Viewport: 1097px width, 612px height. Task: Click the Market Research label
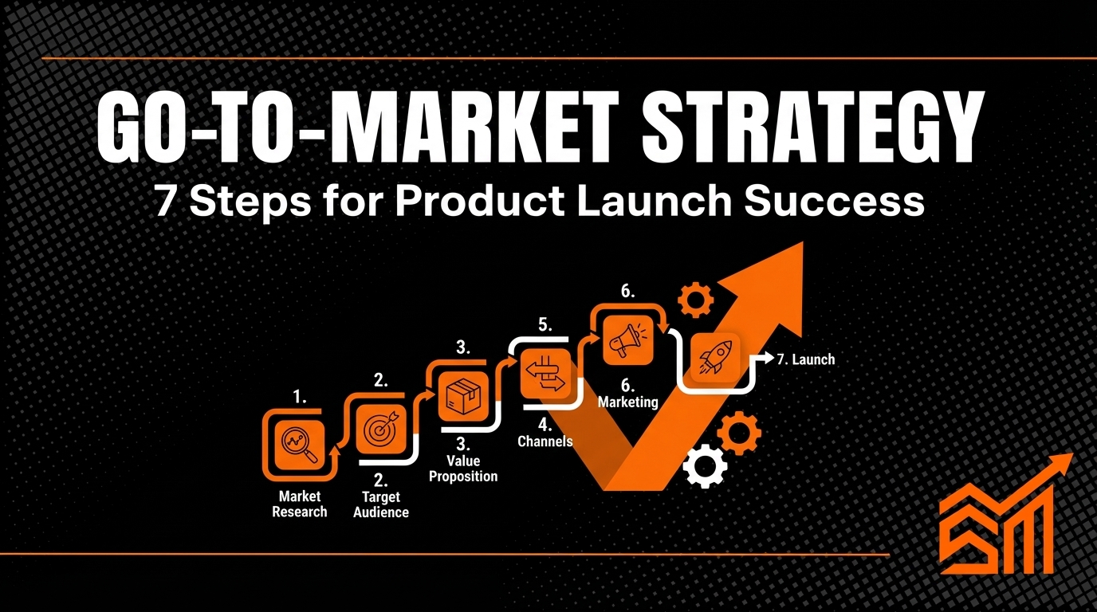pyautogui.click(x=300, y=504)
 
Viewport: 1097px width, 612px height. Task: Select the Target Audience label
pyautogui.click(x=381, y=505)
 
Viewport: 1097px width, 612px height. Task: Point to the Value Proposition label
pyautogui.click(x=463, y=469)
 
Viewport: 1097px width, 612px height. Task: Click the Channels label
pyautogui.click(x=545, y=441)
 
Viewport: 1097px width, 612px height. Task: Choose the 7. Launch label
pyautogui.click(x=805, y=359)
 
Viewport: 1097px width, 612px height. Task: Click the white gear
pyautogui.click(x=706, y=466)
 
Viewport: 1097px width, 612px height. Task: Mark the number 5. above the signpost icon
pyautogui.click(x=545, y=324)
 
